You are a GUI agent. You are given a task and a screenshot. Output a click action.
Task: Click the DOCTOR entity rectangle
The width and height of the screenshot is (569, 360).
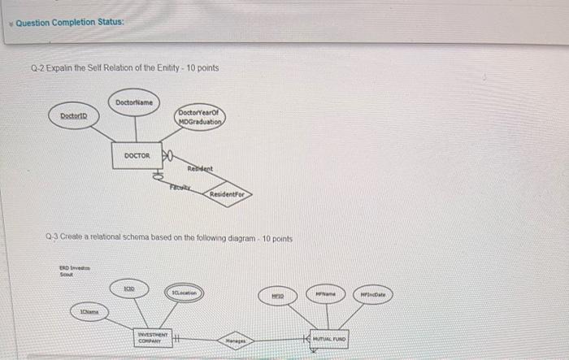tap(137, 154)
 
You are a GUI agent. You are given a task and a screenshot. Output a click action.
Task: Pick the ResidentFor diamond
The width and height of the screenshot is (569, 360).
tap(224, 195)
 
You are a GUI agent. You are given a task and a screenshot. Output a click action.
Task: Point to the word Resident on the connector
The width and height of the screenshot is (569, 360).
tap(200, 169)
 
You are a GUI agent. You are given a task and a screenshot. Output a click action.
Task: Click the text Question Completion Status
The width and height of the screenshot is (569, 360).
tap(69, 22)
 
